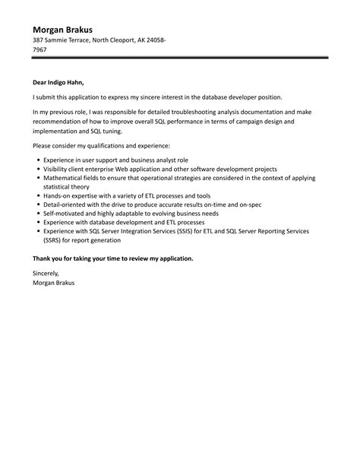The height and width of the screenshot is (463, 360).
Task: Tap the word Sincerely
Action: [46, 273]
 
